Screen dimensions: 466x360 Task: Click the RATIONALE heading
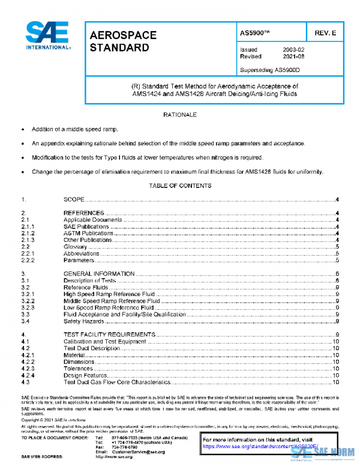[x=180, y=114]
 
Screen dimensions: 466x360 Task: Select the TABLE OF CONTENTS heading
[x=180, y=186]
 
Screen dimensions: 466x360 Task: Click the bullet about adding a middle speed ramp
[x=75, y=129]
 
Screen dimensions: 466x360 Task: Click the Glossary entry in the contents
[x=76, y=247]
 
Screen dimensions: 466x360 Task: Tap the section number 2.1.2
[x=28, y=233]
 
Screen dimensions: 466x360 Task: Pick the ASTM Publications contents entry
[x=88, y=233]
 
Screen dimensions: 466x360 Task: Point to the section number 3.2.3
[x=28, y=307]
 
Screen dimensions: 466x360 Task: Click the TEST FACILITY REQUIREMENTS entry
[x=109, y=334]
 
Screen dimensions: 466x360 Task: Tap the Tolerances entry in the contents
[x=79, y=369]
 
